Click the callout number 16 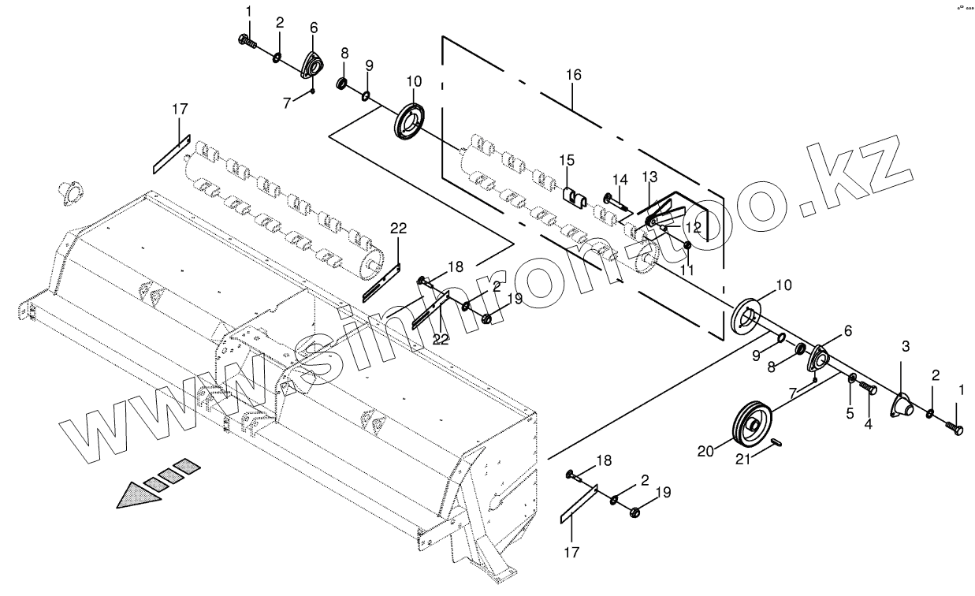[573, 75]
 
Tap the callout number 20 [705, 452]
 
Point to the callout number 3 [906, 346]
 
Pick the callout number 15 [568, 161]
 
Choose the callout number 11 [686, 270]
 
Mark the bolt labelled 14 [617, 202]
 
